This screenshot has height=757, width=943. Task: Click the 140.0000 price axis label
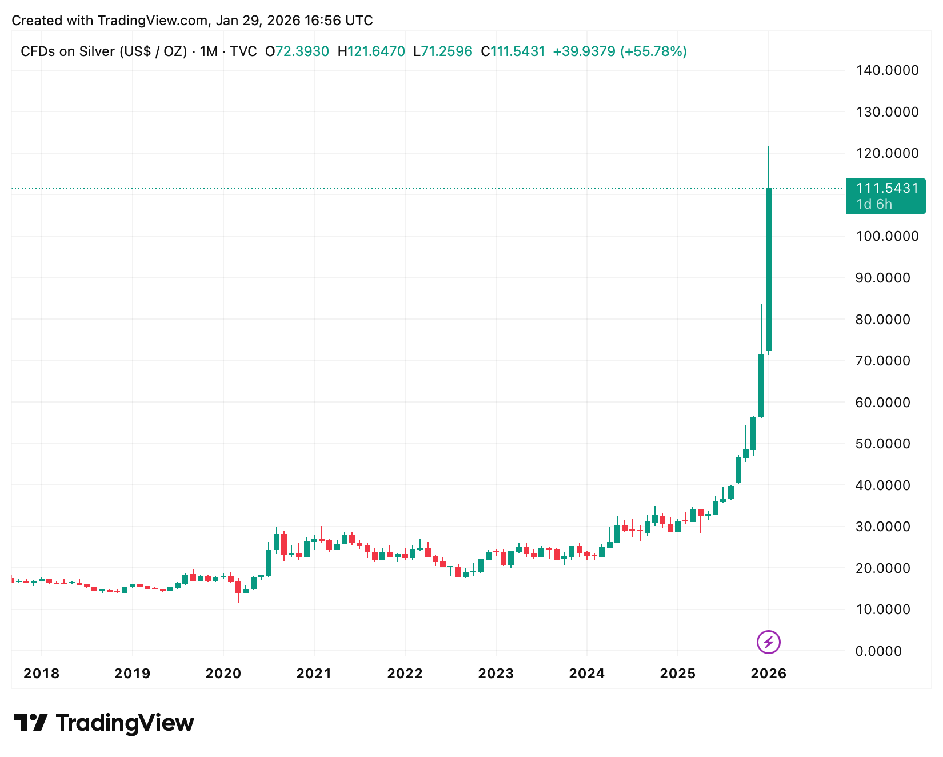point(886,70)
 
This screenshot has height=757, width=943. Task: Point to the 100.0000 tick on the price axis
point(886,236)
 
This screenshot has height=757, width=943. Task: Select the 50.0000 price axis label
point(882,444)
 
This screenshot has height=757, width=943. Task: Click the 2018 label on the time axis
point(41,674)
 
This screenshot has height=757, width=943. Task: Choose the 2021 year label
point(314,674)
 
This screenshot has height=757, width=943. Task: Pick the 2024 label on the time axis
point(586,674)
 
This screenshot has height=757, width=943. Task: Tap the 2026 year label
point(768,674)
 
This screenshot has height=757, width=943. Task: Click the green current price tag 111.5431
point(886,188)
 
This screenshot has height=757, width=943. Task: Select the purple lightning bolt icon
point(768,642)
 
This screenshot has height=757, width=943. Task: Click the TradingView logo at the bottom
point(104,723)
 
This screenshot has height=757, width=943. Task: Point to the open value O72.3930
point(297,51)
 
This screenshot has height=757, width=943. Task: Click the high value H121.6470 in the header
point(371,51)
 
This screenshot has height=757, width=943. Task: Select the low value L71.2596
point(443,51)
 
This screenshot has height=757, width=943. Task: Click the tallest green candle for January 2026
point(769,269)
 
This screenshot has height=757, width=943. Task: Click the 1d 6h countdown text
point(874,204)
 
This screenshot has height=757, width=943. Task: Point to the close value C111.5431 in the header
point(513,51)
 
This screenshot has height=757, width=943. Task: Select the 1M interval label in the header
point(209,51)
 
